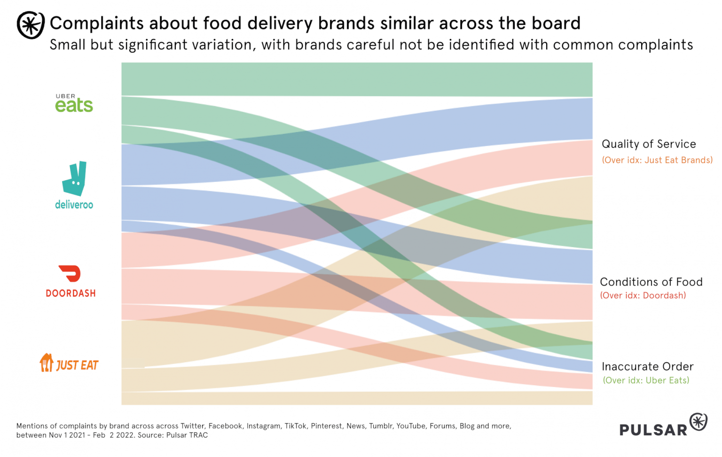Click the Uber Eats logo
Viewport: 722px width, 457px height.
74,103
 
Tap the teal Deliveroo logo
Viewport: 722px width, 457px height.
74,185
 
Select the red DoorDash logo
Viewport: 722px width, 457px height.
71,281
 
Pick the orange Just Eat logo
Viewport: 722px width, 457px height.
69,364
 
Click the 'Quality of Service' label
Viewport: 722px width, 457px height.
649,144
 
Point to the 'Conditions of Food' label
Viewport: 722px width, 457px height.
651,282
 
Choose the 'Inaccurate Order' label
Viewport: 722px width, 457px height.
647,366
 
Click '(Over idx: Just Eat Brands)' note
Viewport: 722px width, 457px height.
657,160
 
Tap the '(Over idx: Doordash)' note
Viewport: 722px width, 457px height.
643,295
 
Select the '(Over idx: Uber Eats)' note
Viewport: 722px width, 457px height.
646,380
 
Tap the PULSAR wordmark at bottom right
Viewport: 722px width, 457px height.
653,430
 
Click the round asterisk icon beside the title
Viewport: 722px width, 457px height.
31,25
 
